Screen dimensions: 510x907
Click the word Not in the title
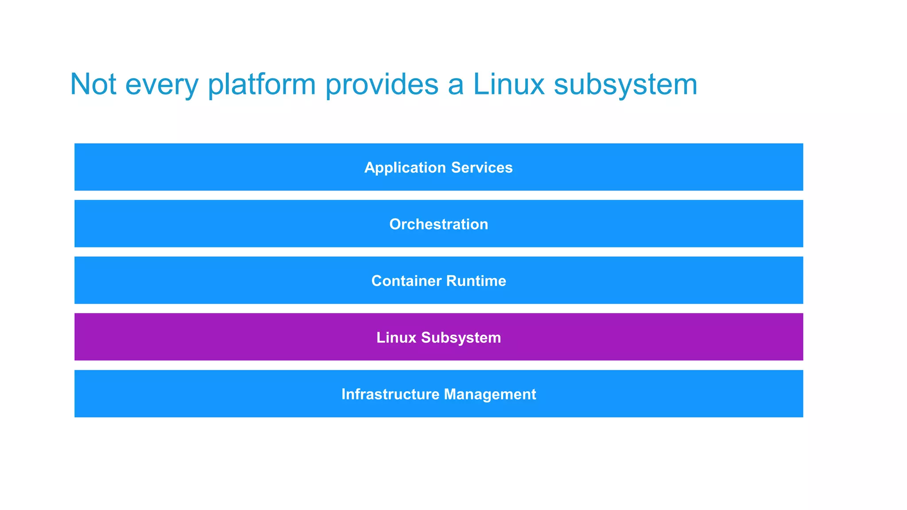(93, 84)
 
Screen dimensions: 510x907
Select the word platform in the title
(262, 84)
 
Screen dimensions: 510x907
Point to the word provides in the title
(382, 84)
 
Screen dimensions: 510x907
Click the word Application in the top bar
(405, 168)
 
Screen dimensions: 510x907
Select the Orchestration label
(438, 224)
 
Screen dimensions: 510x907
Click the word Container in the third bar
(406, 281)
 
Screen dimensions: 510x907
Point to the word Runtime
(476, 281)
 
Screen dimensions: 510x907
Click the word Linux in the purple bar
(396, 337)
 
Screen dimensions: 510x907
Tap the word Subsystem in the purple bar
(461, 338)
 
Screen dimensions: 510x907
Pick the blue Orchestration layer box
(221, 224)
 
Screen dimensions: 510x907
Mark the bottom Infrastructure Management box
(221, 394)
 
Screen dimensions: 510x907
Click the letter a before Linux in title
(456, 86)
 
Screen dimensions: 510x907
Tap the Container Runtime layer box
(221, 281)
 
